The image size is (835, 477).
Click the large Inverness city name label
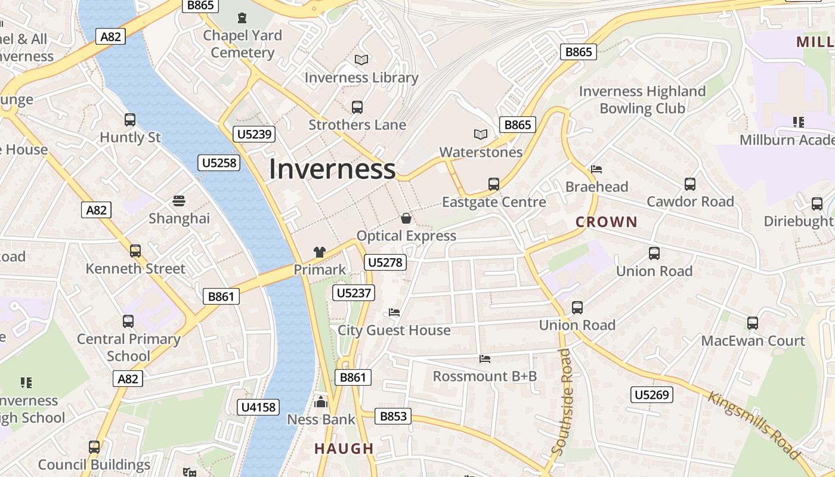click(332, 169)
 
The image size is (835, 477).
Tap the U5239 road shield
click(255, 134)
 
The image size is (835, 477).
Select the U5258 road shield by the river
click(219, 162)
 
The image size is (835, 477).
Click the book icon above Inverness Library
click(361, 60)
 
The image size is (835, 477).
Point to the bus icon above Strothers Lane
click(357, 107)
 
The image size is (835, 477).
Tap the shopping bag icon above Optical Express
click(406, 218)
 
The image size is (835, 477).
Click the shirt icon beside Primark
click(320, 252)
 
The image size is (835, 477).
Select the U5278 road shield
click(386, 262)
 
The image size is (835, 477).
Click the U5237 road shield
click(354, 293)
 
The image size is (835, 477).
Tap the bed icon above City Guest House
click(394, 312)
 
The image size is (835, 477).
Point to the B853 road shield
click(393, 416)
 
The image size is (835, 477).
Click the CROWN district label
click(607, 222)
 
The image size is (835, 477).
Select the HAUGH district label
click(344, 448)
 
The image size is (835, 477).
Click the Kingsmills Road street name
click(753, 425)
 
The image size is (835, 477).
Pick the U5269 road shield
click(652, 394)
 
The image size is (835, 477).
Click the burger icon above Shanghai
click(179, 200)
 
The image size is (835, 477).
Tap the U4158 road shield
click(258, 407)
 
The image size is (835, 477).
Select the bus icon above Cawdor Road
click(690, 184)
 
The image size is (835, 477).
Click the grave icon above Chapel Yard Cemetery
click(242, 18)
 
